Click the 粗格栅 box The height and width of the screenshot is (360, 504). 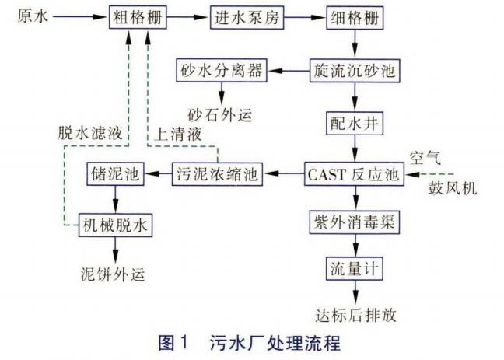(x=138, y=17)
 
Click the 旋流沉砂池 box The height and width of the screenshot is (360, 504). (x=355, y=72)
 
